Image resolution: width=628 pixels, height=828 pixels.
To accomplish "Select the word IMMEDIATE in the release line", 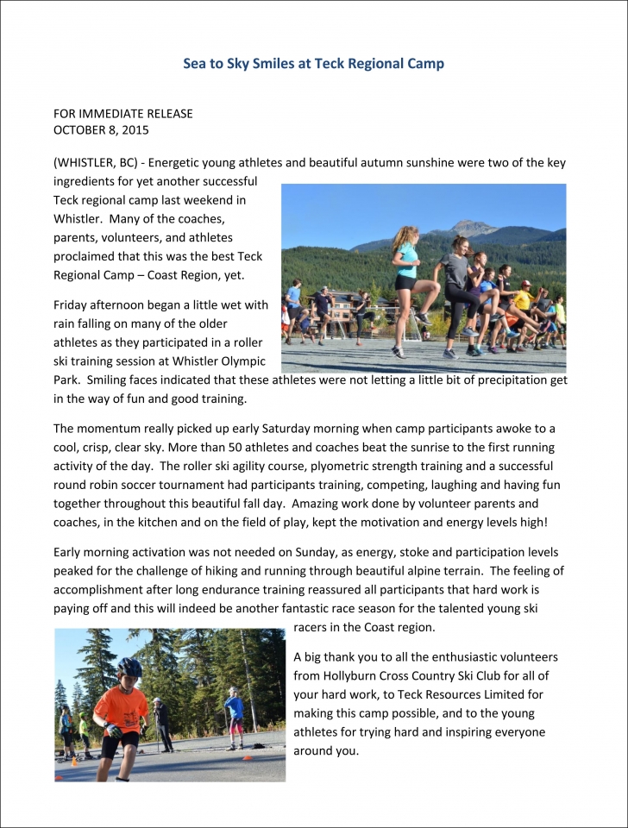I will [120, 114].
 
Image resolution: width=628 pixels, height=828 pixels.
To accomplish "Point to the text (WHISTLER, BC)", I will [94, 163].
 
